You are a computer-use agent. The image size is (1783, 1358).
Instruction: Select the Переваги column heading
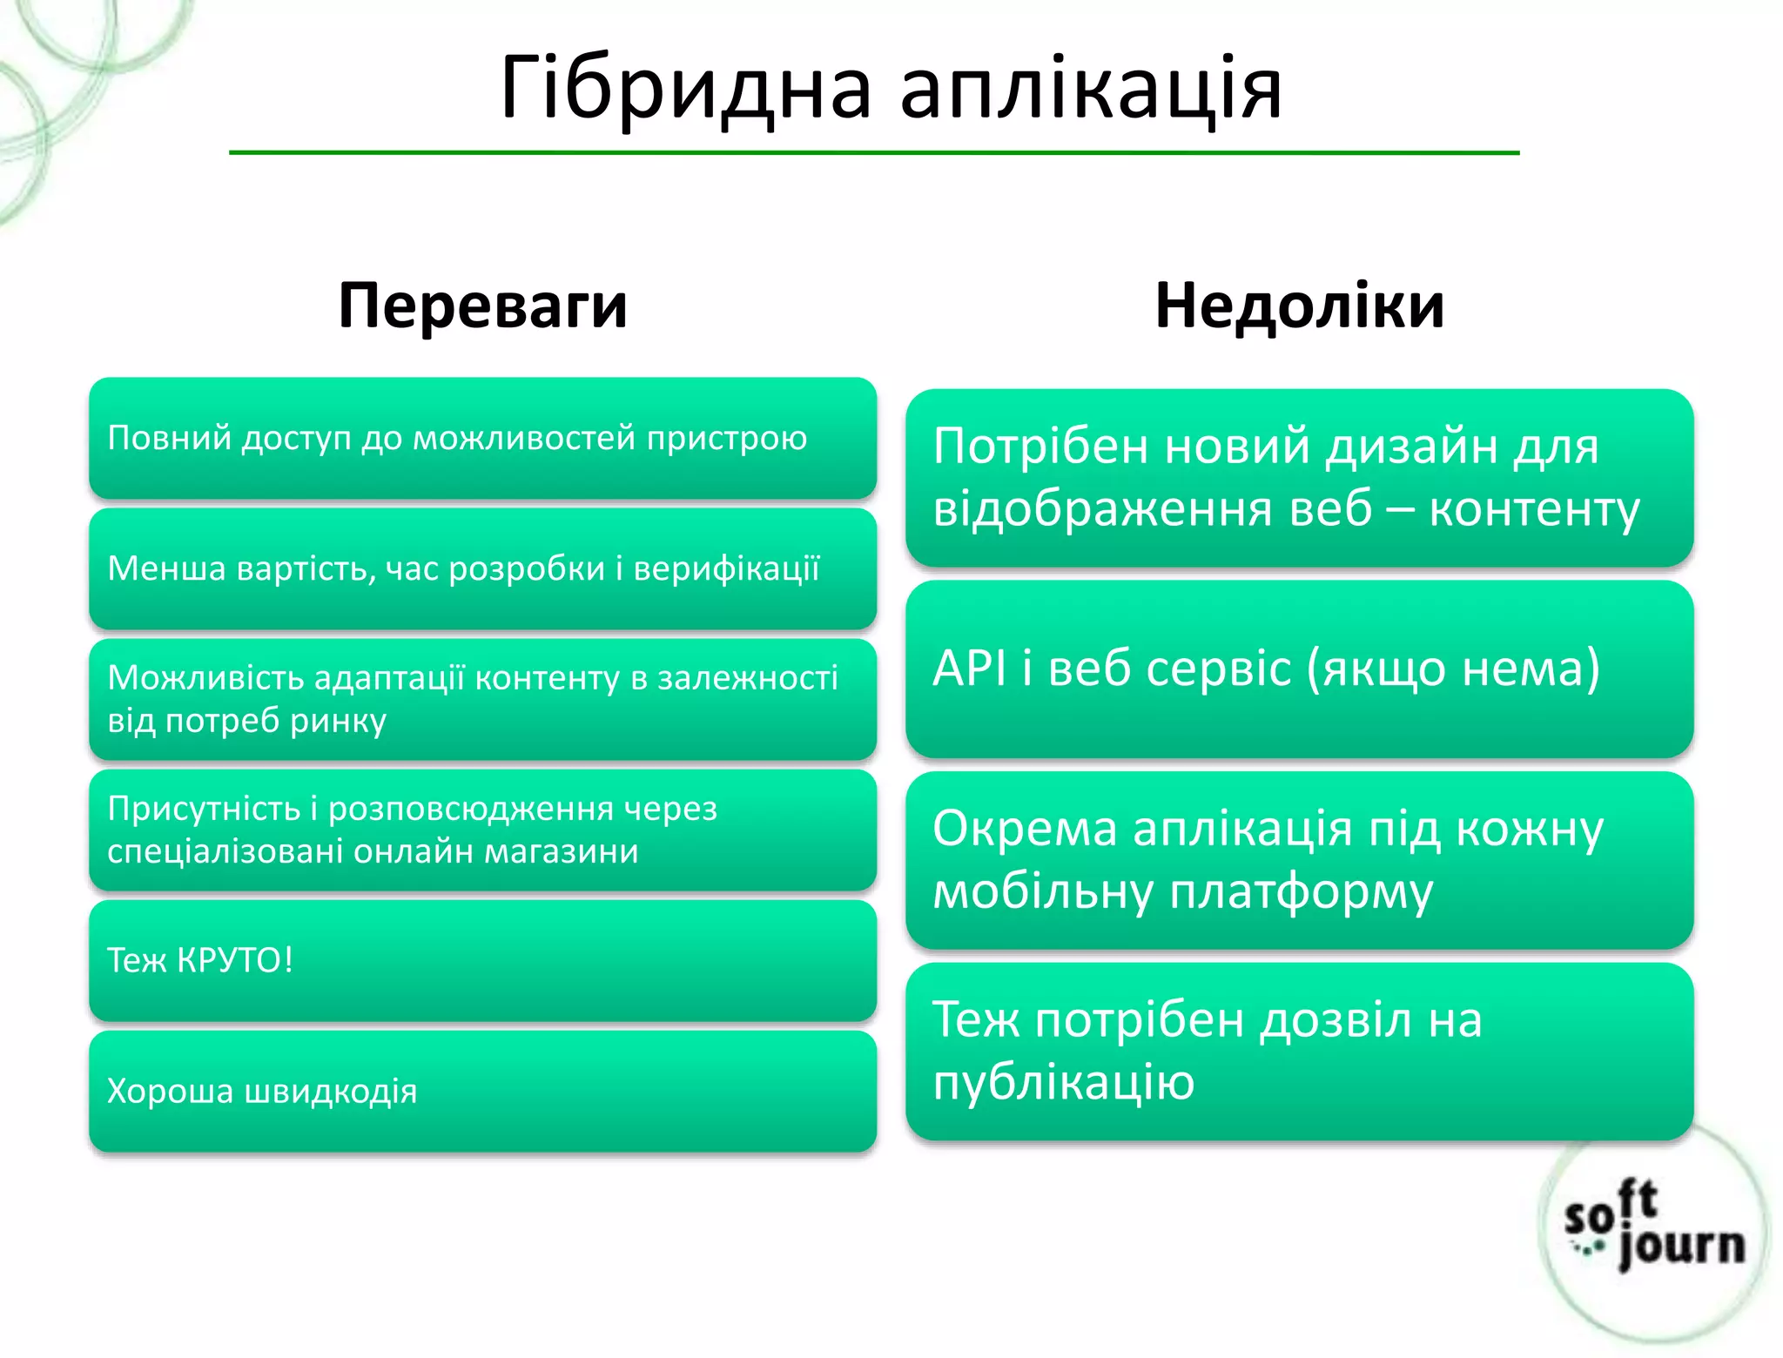tap(482, 306)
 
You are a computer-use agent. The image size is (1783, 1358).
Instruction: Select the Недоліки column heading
tap(1299, 306)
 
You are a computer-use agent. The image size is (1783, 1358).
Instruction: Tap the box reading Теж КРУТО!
tap(482, 960)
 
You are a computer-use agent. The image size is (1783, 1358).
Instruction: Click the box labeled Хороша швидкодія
tap(482, 1091)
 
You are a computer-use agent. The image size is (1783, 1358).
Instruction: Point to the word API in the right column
tap(968, 669)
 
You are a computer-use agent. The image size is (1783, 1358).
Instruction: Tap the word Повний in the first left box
tap(169, 438)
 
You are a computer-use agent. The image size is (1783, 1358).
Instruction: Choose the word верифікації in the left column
tap(726, 568)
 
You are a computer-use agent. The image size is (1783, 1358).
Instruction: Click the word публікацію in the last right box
tap(1063, 1082)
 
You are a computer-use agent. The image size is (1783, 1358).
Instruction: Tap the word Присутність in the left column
tap(204, 809)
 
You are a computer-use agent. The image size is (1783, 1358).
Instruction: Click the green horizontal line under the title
tap(873, 153)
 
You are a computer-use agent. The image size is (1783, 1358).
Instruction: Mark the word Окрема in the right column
tap(1024, 829)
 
